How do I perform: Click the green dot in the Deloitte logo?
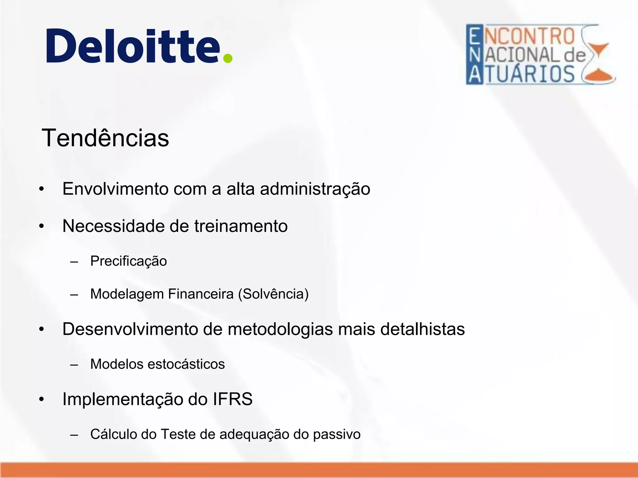coord(228,58)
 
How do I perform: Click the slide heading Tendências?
coord(105,138)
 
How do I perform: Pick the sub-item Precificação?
coord(128,261)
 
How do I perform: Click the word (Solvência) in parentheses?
coord(273,294)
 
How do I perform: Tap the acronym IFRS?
coord(232,399)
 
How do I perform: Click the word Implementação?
coord(122,399)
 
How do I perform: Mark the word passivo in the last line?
coord(336,434)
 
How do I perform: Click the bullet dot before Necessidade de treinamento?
coord(42,226)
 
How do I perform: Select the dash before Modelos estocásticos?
coord(74,365)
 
